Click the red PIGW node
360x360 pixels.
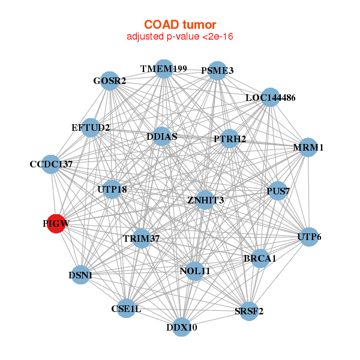click(56, 223)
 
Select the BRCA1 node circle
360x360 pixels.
click(260, 259)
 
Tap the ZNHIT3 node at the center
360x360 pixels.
click(205, 200)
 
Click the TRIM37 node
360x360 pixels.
click(142, 238)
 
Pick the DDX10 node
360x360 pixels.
click(182, 327)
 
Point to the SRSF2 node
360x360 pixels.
click(248, 311)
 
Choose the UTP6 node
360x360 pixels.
click(308, 237)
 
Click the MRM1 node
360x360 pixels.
click(308, 147)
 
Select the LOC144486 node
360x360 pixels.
click(271, 97)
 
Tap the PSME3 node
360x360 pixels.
click(217, 71)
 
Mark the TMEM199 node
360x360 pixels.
click(164, 69)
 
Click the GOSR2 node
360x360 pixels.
click(110, 81)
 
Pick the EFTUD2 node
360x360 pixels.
click(91, 128)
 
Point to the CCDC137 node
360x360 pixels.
click(51, 164)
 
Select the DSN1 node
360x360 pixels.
click(80, 275)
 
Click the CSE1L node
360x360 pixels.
click(126, 309)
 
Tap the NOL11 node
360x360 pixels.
click(195, 271)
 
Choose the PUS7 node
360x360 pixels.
click(278, 191)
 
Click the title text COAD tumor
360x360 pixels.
click(179, 25)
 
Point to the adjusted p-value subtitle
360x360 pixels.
click(179, 37)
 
